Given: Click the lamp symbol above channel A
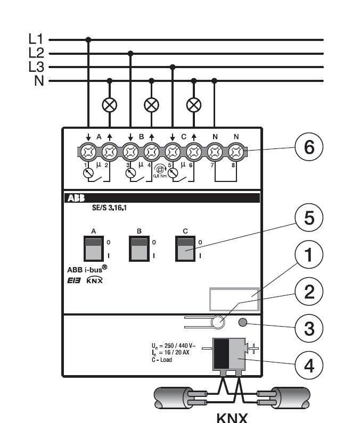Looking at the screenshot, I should (x=109, y=104).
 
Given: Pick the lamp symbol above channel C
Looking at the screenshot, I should (x=193, y=104).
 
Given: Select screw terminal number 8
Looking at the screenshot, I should (x=236, y=154).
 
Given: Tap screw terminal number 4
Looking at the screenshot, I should (x=151, y=154).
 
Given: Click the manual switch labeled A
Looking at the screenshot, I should (x=94, y=248).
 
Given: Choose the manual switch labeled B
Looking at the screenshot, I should (x=140, y=248).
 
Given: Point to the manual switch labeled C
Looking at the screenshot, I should (x=185, y=248).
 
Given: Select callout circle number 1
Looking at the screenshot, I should (x=308, y=258).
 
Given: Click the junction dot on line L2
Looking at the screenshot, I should (x=130, y=53).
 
